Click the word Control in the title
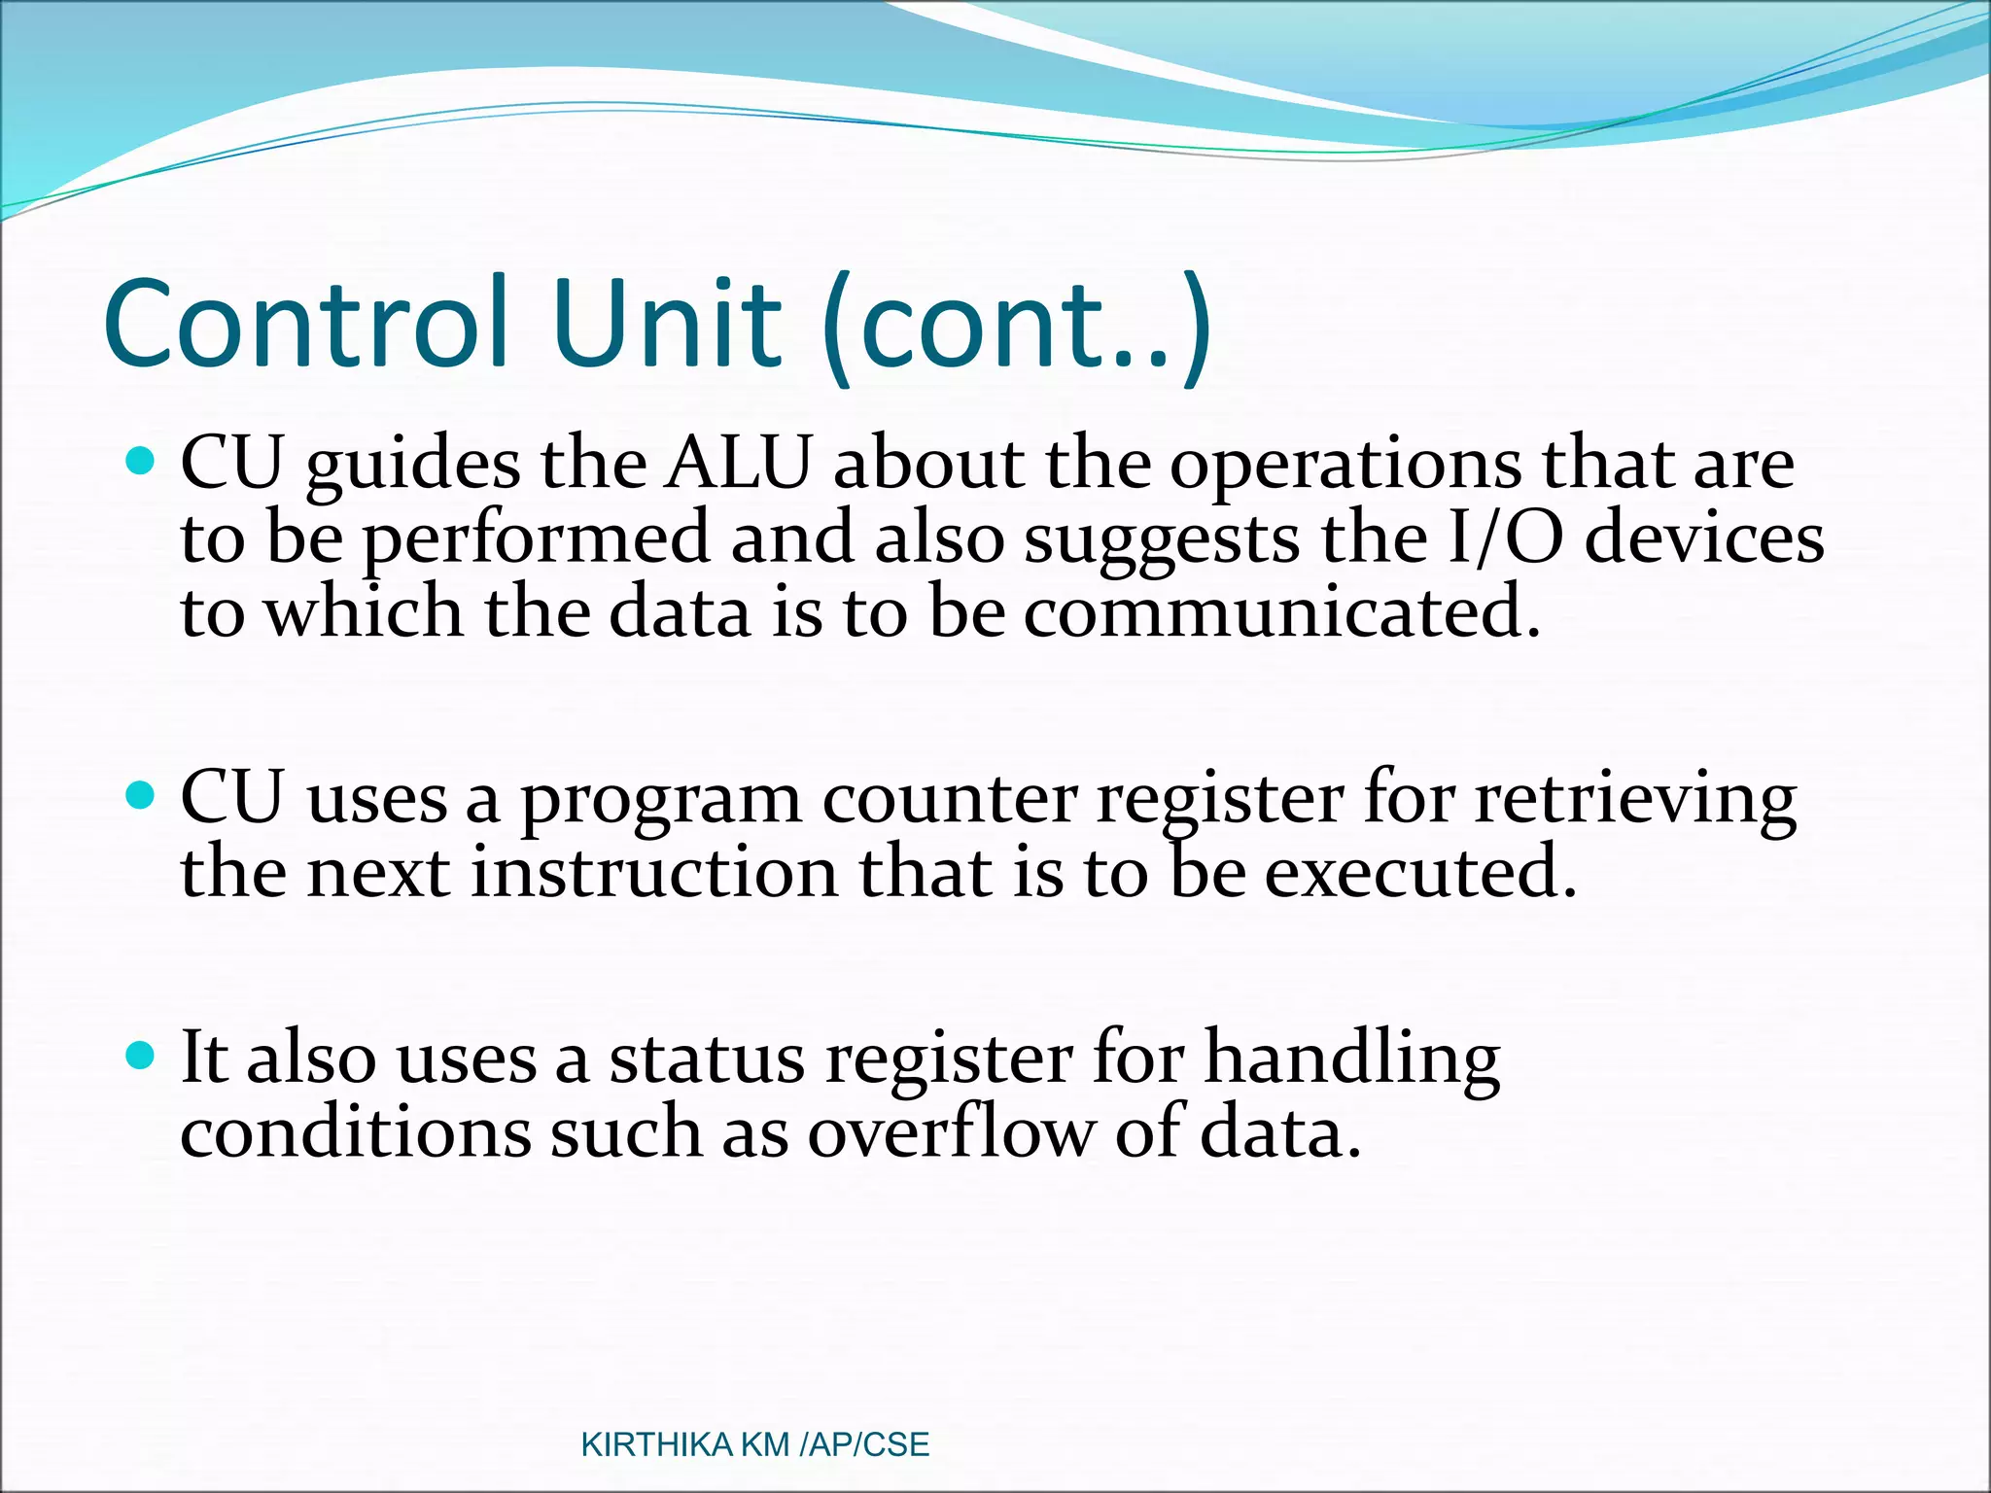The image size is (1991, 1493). [x=306, y=324]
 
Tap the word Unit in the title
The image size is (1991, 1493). [x=666, y=324]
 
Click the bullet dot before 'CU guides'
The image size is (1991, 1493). [x=142, y=460]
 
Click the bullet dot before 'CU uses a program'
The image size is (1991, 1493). [x=142, y=796]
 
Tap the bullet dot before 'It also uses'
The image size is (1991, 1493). [x=142, y=1055]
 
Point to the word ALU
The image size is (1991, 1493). [x=738, y=464]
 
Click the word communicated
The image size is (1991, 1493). [x=1281, y=613]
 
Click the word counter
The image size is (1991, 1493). [x=950, y=799]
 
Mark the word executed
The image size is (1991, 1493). [x=1419, y=872]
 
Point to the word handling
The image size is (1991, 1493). [x=1352, y=1059]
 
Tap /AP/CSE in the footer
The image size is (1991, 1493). [x=863, y=1445]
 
